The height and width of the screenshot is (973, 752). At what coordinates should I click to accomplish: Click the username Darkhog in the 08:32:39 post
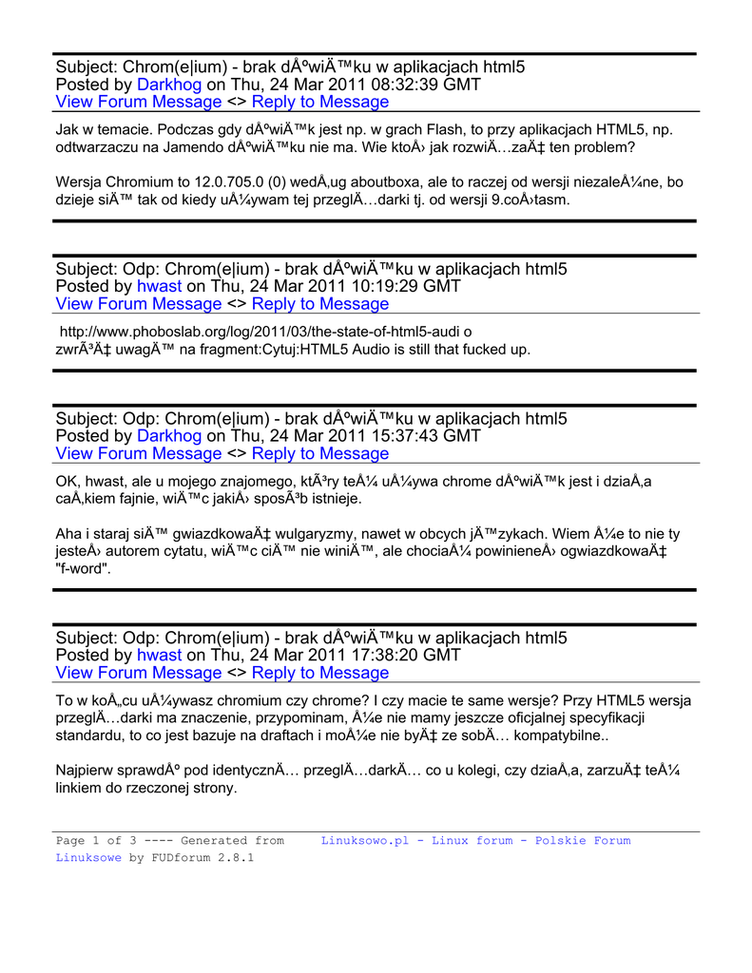(169, 85)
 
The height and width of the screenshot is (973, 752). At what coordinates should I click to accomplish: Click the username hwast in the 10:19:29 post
(159, 286)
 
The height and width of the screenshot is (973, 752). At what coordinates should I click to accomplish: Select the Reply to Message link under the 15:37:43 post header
(319, 453)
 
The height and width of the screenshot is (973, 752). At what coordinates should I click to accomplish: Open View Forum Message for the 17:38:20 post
(139, 673)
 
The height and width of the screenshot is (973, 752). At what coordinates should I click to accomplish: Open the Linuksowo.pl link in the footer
(475, 841)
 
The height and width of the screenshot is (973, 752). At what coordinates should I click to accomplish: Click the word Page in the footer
(71, 841)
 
